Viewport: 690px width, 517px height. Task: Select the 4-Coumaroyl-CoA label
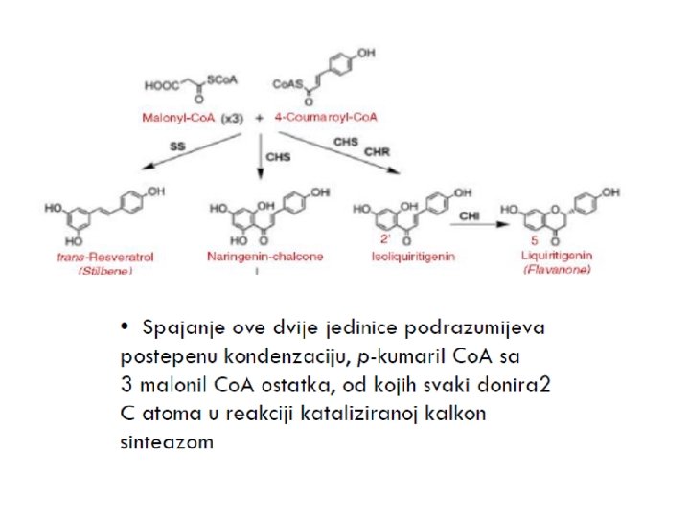[x=327, y=116]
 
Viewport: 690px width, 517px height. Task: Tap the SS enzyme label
[x=176, y=146]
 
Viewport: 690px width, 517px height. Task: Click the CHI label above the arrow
[x=470, y=216]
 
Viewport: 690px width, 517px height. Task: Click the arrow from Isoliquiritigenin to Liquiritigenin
[x=469, y=225]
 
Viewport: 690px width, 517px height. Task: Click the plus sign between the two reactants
[x=261, y=116]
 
